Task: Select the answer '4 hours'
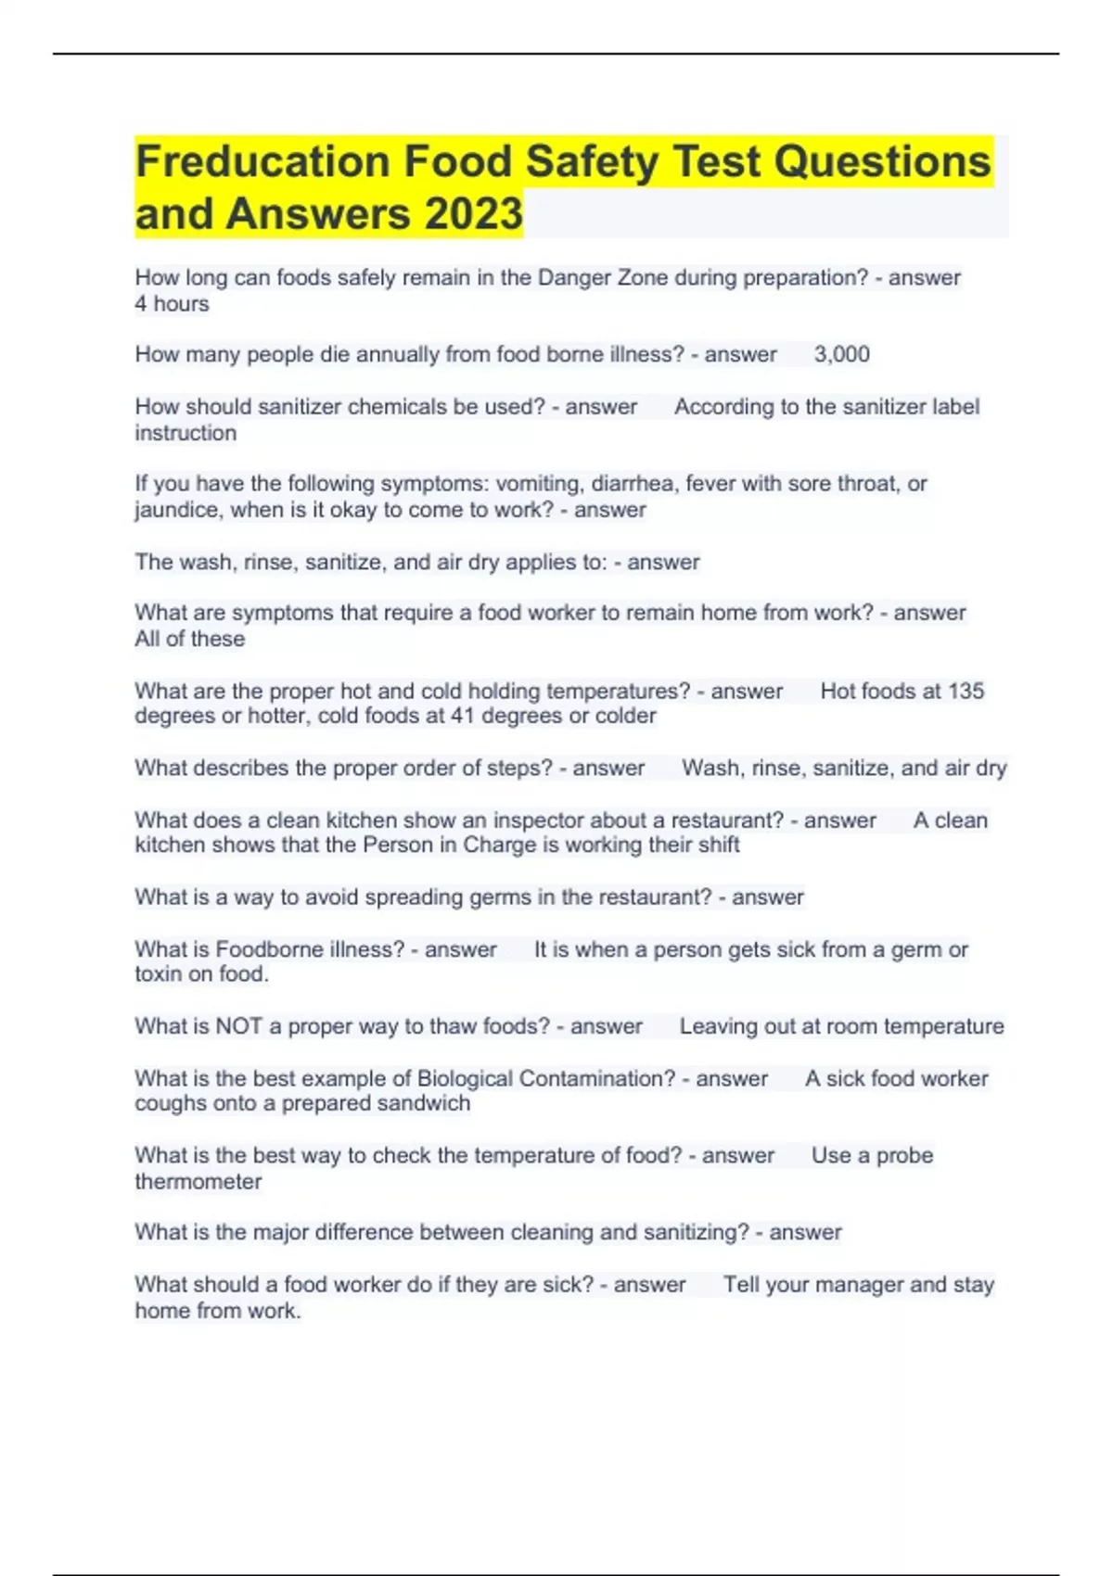(x=172, y=304)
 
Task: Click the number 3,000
(x=841, y=354)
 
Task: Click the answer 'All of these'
(x=189, y=639)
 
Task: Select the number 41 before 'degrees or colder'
(x=463, y=716)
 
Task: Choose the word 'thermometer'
(x=198, y=1182)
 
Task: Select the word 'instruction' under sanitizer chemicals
(x=185, y=433)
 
